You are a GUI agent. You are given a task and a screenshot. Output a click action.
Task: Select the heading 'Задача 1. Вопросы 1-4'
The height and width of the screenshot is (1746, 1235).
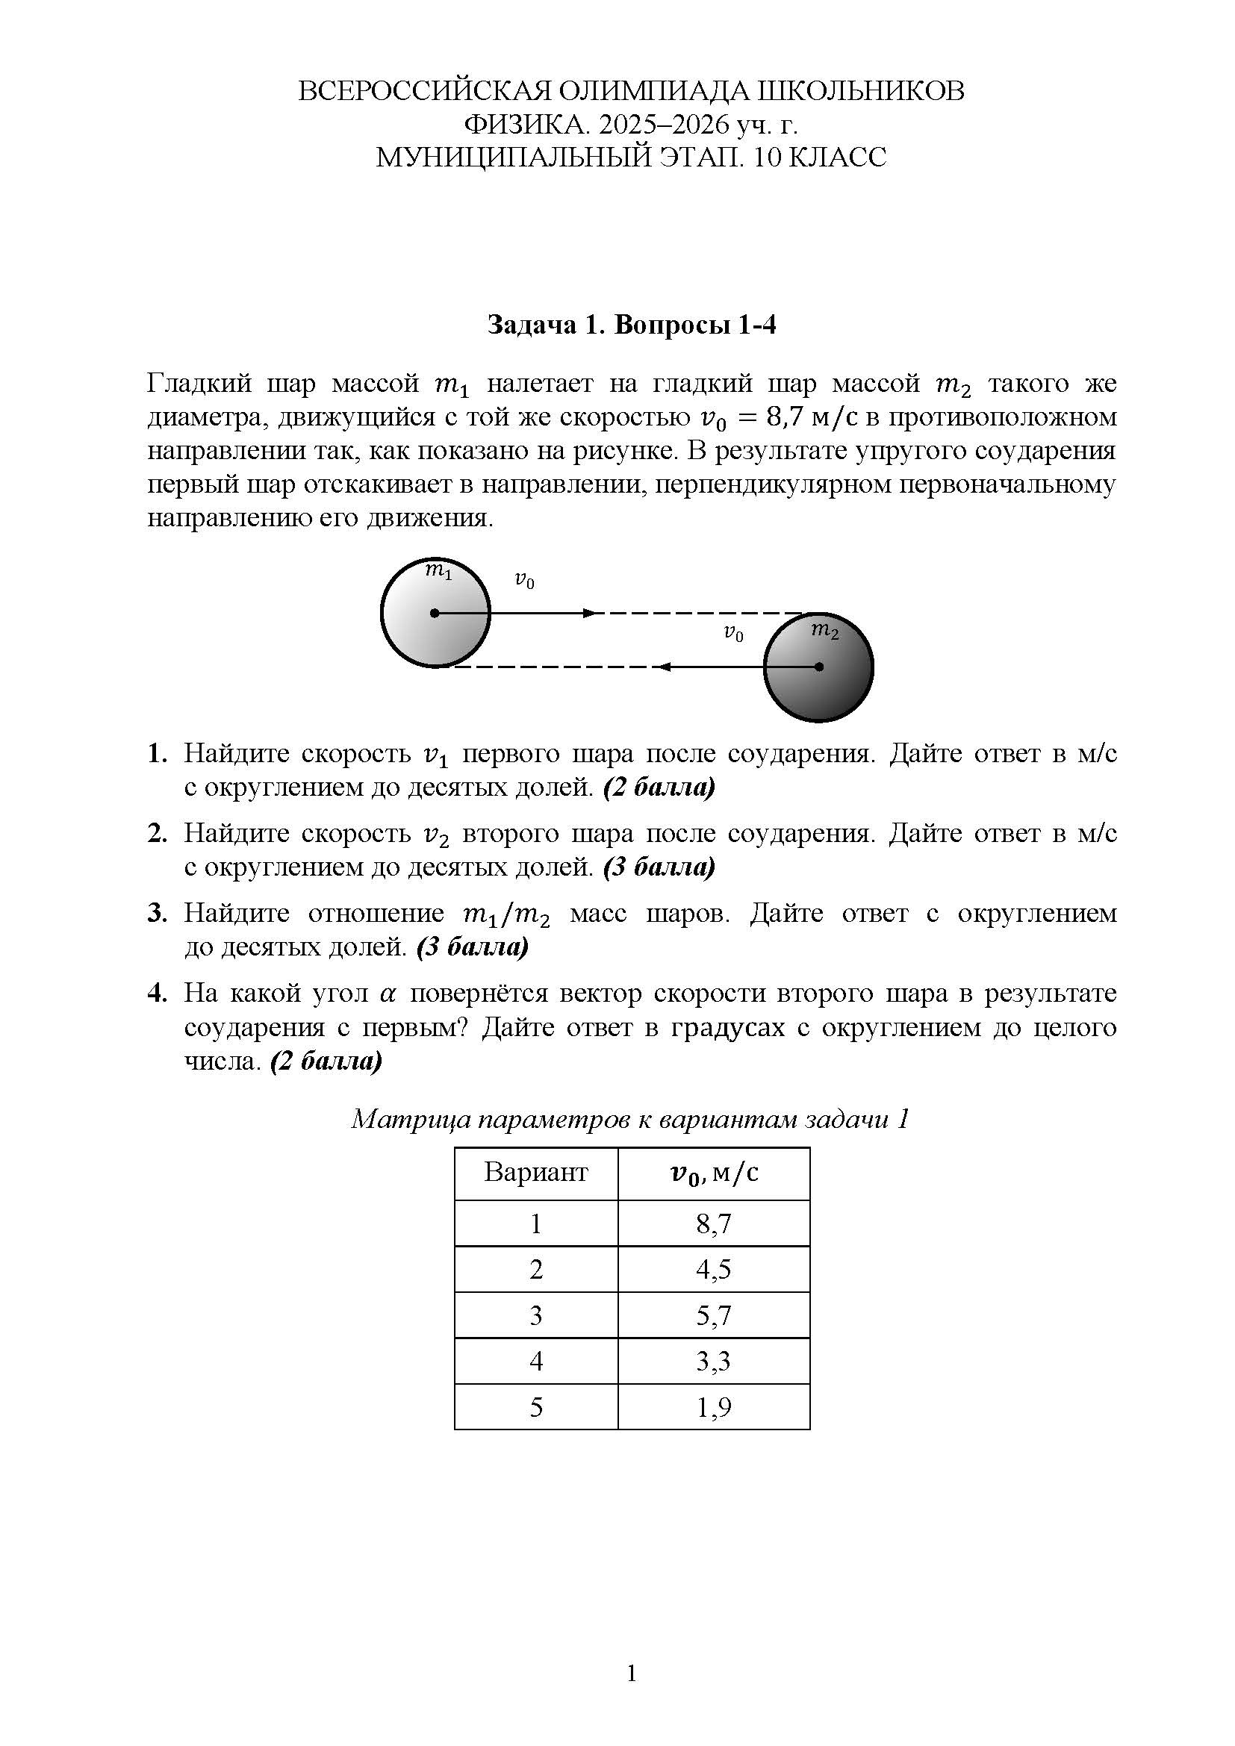[x=631, y=325]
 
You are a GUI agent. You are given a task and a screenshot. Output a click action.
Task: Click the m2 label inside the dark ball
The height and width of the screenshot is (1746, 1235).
[x=824, y=630]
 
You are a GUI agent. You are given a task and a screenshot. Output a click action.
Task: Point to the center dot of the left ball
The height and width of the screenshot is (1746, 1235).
[x=435, y=613]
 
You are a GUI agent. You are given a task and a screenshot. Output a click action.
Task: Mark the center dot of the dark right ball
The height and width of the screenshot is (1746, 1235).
[x=818, y=667]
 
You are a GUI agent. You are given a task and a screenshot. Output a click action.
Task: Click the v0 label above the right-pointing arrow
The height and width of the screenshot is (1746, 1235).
[x=525, y=581]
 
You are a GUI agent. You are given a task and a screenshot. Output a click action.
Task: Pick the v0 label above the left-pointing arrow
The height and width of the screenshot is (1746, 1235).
[x=733, y=634]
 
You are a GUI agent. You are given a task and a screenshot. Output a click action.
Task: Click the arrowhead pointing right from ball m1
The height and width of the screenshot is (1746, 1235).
[x=589, y=613]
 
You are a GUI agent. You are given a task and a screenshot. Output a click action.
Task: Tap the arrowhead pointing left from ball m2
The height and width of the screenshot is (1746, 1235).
[x=663, y=667]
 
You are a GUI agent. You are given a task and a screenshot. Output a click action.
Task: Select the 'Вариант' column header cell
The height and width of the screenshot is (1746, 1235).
[x=535, y=1173]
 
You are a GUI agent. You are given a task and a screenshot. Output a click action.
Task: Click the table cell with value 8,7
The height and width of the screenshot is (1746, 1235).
[x=713, y=1223]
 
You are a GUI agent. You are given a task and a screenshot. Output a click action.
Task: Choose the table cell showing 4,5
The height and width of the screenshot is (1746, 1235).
[x=713, y=1269]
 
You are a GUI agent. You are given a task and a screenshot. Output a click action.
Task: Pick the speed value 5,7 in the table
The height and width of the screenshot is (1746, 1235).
[x=713, y=1315]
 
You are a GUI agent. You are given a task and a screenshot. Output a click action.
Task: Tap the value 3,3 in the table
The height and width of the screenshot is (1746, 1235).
[x=713, y=1361]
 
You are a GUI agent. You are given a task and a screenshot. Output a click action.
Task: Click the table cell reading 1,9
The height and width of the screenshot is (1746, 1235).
[x=713, y=1407]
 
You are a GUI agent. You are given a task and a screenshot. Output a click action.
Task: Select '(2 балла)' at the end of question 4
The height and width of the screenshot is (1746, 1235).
[x=326, y=1061]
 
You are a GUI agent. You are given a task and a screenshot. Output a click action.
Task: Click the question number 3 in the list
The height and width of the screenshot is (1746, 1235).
[x=157, y=913]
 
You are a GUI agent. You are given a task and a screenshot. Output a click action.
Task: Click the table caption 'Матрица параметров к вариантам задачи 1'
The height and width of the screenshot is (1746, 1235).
[x=630, y=1120]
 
